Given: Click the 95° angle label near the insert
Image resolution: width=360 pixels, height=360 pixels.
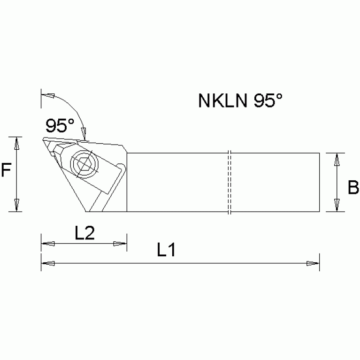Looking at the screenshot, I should click(60, 125).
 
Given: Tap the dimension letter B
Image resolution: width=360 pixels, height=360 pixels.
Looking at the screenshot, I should click(353, 189).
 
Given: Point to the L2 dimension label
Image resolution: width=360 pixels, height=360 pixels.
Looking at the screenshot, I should click(85, 233).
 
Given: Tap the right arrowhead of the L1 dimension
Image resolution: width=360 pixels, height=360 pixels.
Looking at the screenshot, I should click(313, 263).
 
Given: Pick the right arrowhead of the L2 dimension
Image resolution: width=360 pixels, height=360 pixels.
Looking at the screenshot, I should click(120, 244).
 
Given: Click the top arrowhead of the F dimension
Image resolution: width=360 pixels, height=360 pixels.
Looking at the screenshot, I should click(17, 144).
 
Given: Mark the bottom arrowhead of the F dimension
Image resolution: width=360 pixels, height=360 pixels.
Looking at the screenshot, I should click(17, 205).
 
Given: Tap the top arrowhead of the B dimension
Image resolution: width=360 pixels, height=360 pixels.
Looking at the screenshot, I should click(337, 160).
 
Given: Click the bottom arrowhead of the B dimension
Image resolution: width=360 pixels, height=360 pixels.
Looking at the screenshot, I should click(337, 205).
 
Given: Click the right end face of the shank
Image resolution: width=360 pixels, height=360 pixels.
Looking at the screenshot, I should click(319, 183).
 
